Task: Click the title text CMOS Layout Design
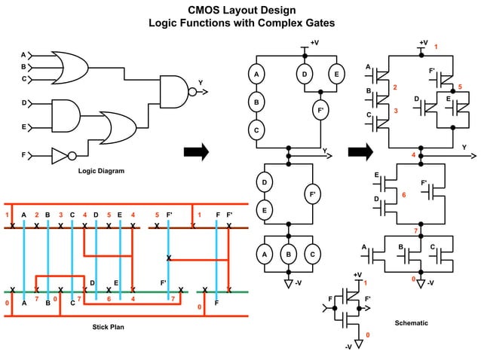[x=241, y=10]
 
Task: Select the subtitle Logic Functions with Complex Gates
[x=241, y=23]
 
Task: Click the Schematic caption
[x=412, y=322]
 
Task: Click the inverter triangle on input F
[x=60, y=157]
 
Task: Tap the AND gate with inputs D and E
[x=65, y=114]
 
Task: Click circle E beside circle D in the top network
[x=335, y=75]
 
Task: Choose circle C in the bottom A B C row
[x=311, y=255]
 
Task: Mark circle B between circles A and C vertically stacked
[x=256, y=102]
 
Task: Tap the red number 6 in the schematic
[x=404, y=195]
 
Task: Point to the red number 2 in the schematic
[x=394, y=88]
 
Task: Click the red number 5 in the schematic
[x=460, y=87]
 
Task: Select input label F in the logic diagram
[x=23, y=157]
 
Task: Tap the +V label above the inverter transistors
[x=358, y=274]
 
